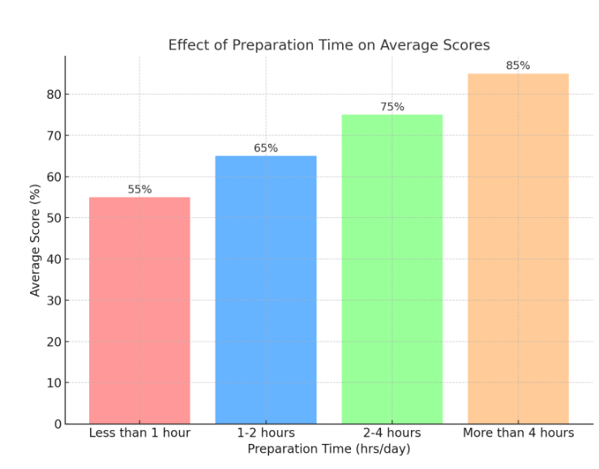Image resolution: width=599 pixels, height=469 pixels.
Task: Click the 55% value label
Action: click(139, 190)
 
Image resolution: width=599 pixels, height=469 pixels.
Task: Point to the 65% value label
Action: click(266, 148)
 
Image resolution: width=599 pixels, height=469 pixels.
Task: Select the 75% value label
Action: click(392, 107)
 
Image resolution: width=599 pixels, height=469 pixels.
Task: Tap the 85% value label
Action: click(518, 66)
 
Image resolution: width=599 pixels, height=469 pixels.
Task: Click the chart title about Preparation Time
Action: click(329, 45)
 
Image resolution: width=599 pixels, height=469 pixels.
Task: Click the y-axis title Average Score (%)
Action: click(36, 240)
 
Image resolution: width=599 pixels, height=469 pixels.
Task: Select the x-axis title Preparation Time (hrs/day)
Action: click(329, 449)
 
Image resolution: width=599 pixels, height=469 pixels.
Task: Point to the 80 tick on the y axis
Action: click(53, 95)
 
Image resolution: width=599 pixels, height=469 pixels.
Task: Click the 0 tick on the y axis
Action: click(58, 424)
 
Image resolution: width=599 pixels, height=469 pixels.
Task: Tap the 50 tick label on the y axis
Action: click(53, 218)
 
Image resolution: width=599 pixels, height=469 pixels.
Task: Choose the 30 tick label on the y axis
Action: click(53, 301)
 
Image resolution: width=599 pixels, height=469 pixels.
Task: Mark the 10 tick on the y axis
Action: click(53, 383)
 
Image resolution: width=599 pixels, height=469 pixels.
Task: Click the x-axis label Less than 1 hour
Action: click(139, 433)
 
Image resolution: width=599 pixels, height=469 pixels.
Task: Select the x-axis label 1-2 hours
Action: click(266, 433)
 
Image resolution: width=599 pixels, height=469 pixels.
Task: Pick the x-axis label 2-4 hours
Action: click(392, 433)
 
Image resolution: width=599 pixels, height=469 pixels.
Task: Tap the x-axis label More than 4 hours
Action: click(518, 433)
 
